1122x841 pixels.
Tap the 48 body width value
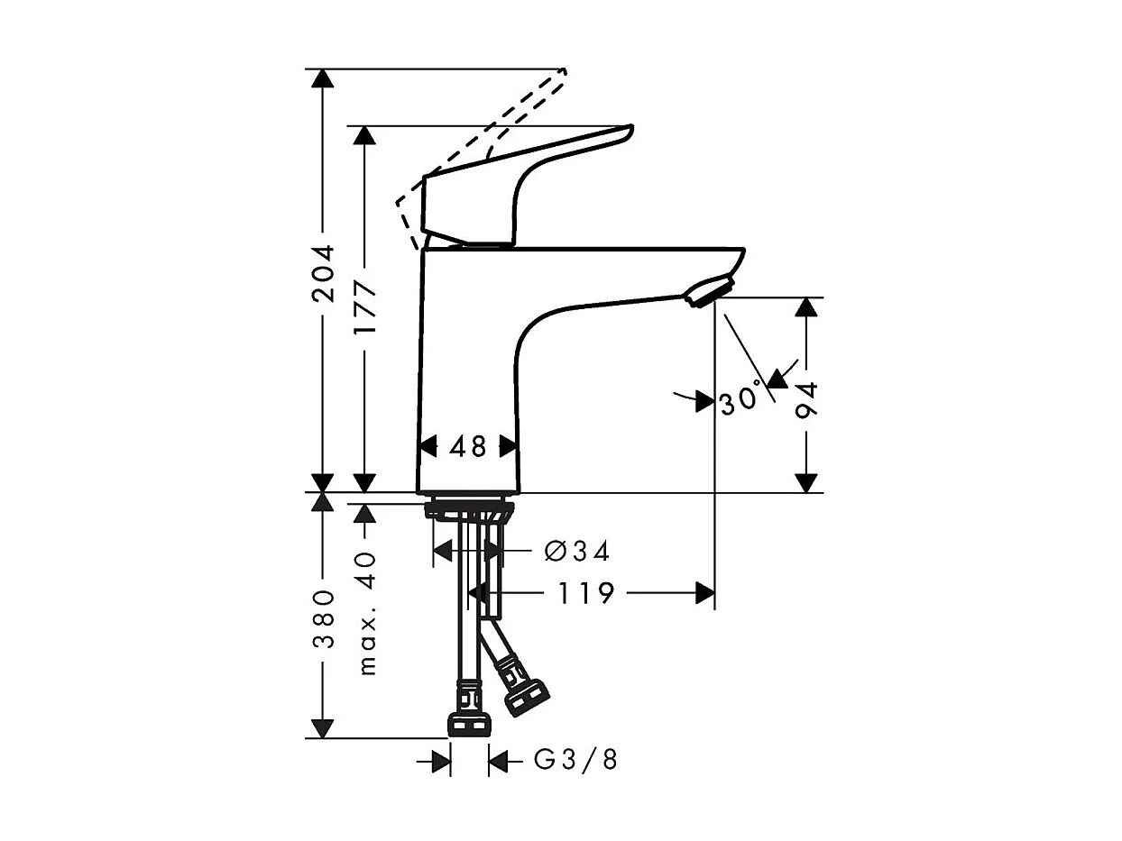(x=468, y=446)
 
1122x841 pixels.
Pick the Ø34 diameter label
(x=577, y=551)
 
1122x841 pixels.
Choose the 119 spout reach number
(x=585, y=593)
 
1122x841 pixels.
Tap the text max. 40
(x=366, y=614)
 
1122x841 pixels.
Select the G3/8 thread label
(x=576, y=761)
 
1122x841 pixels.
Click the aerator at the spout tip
(x=709, y=292)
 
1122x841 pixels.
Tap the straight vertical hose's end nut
(x=469, y=725)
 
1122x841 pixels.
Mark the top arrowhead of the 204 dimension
(x=323, y=78)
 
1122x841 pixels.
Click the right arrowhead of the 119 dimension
(x=704, y=592)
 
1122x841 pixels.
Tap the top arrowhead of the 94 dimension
(x=807, y=307)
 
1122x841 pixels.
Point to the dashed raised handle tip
(x=563, y=72)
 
